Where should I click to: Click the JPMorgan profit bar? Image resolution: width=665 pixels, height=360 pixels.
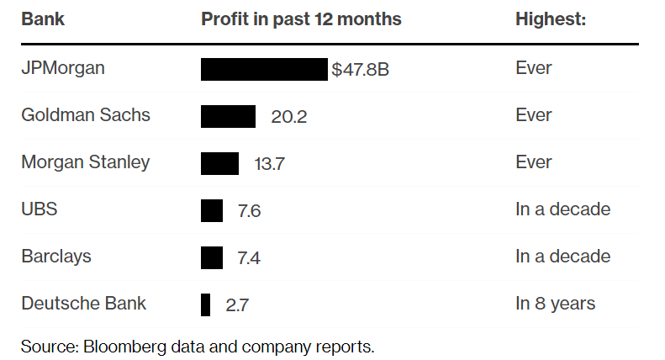pyautogui.click(x=264, y=69)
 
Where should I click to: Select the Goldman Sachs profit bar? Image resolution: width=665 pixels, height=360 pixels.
pyautogui.click(x=228, y=116)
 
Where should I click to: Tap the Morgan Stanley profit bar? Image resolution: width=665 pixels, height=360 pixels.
pyautogui.click(x=219, y=163)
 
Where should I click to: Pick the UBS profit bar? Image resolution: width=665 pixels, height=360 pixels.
pyautogui.click(x=212, y=210)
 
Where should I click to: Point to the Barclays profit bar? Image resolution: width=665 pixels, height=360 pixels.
pyautogui.click(x=212, y=257)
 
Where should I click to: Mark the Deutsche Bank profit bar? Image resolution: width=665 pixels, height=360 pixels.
pyautogui.click(x=205, y=304)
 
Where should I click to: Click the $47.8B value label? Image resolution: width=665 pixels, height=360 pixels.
pyautogui.click(x=361, y=69)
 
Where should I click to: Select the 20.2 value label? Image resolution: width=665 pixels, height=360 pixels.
pyautogui.click(x=289, y=116)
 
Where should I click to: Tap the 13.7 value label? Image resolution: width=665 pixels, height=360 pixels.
pyautogui.click(x=270, y=163)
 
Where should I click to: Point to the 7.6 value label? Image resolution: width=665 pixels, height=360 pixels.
pyautogui.click(x=250, y=210)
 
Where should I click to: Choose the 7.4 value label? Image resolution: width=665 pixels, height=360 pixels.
pyautogui.click(x=250, y=257)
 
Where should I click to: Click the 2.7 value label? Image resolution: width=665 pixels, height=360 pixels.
pyautogui.click(x=238, y=304)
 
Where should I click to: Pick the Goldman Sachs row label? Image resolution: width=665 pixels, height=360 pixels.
pyautogui.click(x=86, y=115)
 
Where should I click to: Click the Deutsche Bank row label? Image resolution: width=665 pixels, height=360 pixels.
pyautogui.click(x=83, y=303)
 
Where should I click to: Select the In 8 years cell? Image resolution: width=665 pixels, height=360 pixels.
pyautogui.click(x=555, y=303)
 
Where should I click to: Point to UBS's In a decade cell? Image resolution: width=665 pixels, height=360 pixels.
pyautogui.click(x=562, y=209)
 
